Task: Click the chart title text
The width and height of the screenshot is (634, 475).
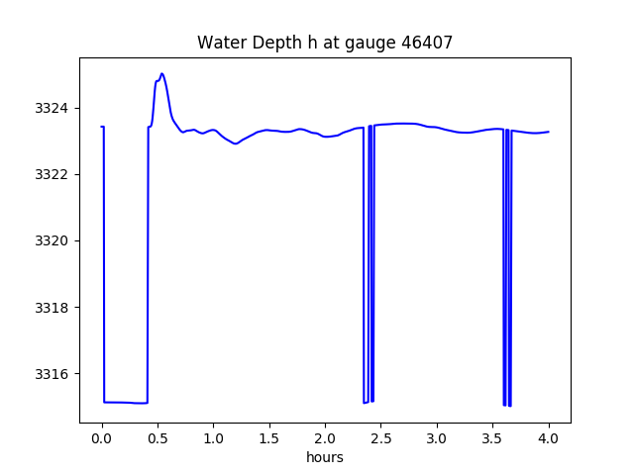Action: click(x=325, y=43)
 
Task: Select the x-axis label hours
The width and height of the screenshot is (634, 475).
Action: click(x=325, y=457)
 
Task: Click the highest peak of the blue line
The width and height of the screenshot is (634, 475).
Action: click(x=161, y=73)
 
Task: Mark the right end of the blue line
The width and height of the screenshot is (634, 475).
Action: click(x=549, y=132)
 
